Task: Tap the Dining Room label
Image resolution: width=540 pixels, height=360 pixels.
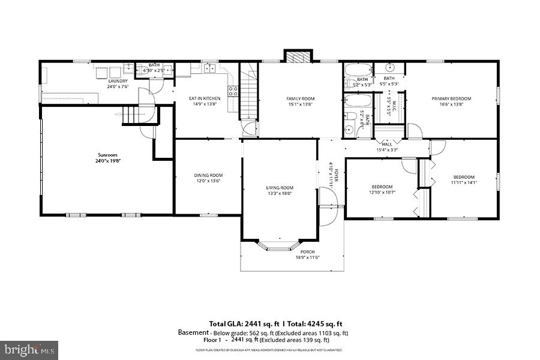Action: tap(208, 175)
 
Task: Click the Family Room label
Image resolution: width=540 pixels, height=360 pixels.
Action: tap(301, 99)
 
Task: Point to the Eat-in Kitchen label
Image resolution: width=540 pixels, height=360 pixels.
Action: tap(205, 98)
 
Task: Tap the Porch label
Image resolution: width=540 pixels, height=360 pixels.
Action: tap(307, 252)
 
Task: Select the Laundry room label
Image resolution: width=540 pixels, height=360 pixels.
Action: tap(118, 81)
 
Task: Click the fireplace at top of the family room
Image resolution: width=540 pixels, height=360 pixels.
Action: tap(298, 57)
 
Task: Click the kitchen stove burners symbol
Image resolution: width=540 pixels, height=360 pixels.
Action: tap(233, 92)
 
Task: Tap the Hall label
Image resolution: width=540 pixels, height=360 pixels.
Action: tap(387, 144)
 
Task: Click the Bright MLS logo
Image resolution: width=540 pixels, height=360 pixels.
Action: tap(29, 347)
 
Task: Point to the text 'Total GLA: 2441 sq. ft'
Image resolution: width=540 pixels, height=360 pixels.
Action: tap(244, 323)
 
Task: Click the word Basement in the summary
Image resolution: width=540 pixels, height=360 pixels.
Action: tap(193, 332)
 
